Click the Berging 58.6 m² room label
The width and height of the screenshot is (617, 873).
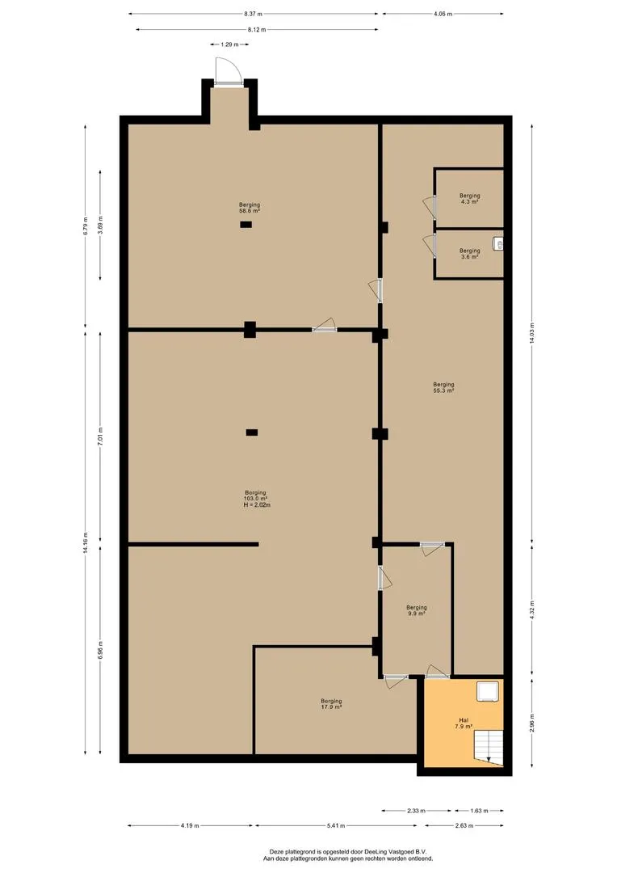(249, 209)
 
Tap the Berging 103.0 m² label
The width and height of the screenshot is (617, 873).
(256, 499)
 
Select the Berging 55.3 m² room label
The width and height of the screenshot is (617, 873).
(443, 387)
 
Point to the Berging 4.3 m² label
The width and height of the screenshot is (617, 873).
(469, 198)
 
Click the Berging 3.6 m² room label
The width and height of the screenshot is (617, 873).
(469, 254)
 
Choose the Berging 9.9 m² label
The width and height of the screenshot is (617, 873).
(416, 610)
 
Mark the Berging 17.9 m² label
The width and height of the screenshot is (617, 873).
(331, 704)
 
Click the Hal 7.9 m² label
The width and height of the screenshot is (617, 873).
(464, 723)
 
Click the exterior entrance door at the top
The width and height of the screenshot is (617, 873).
(228, 74)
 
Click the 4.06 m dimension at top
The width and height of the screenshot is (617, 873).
(442, 14)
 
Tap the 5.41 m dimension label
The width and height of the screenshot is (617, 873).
(338, 826)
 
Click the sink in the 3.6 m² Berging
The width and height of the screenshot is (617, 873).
(498, 243)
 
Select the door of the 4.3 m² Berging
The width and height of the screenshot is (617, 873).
(427, 207)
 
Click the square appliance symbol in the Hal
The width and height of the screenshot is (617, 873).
(487, 692)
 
